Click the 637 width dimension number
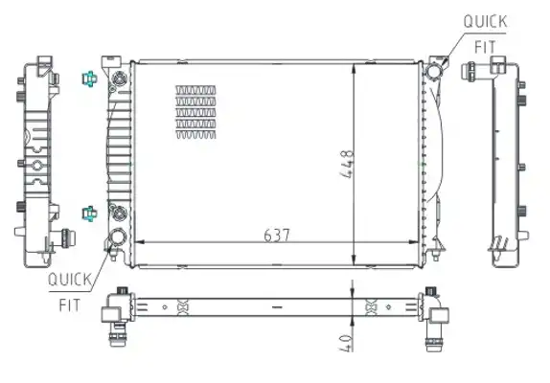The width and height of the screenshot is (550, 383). (277, 236)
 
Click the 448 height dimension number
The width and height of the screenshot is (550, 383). (348, 164)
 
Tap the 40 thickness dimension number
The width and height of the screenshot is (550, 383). (346, 343)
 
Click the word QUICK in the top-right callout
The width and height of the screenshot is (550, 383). (485, 22)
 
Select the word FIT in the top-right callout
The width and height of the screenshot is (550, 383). (485, 47)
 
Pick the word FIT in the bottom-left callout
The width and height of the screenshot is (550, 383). (69, 305)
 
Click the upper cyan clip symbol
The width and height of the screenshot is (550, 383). (89, 79)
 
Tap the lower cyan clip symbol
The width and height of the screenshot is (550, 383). (89, 214)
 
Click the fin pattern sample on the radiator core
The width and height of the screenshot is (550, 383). (195, 112)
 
